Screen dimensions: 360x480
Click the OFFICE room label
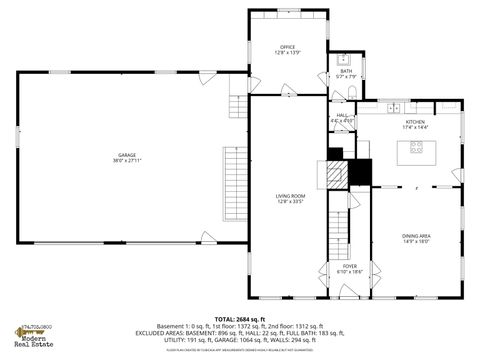tap(288, 47)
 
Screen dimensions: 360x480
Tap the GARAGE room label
tap(126, 154)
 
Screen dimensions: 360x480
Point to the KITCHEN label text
tap(415, 123)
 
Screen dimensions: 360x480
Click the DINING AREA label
tap(415, 236)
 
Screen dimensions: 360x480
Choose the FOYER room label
tap(350, 266)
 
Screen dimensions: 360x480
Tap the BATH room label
tap(346, 71)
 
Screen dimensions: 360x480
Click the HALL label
tap(342, 115)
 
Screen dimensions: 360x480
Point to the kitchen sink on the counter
tap(394, 106)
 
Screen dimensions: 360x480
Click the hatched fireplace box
tap(340, 171)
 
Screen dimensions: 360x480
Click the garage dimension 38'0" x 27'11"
tap(126, 160)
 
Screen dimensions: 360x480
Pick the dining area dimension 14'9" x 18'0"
tap(415, 242)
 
